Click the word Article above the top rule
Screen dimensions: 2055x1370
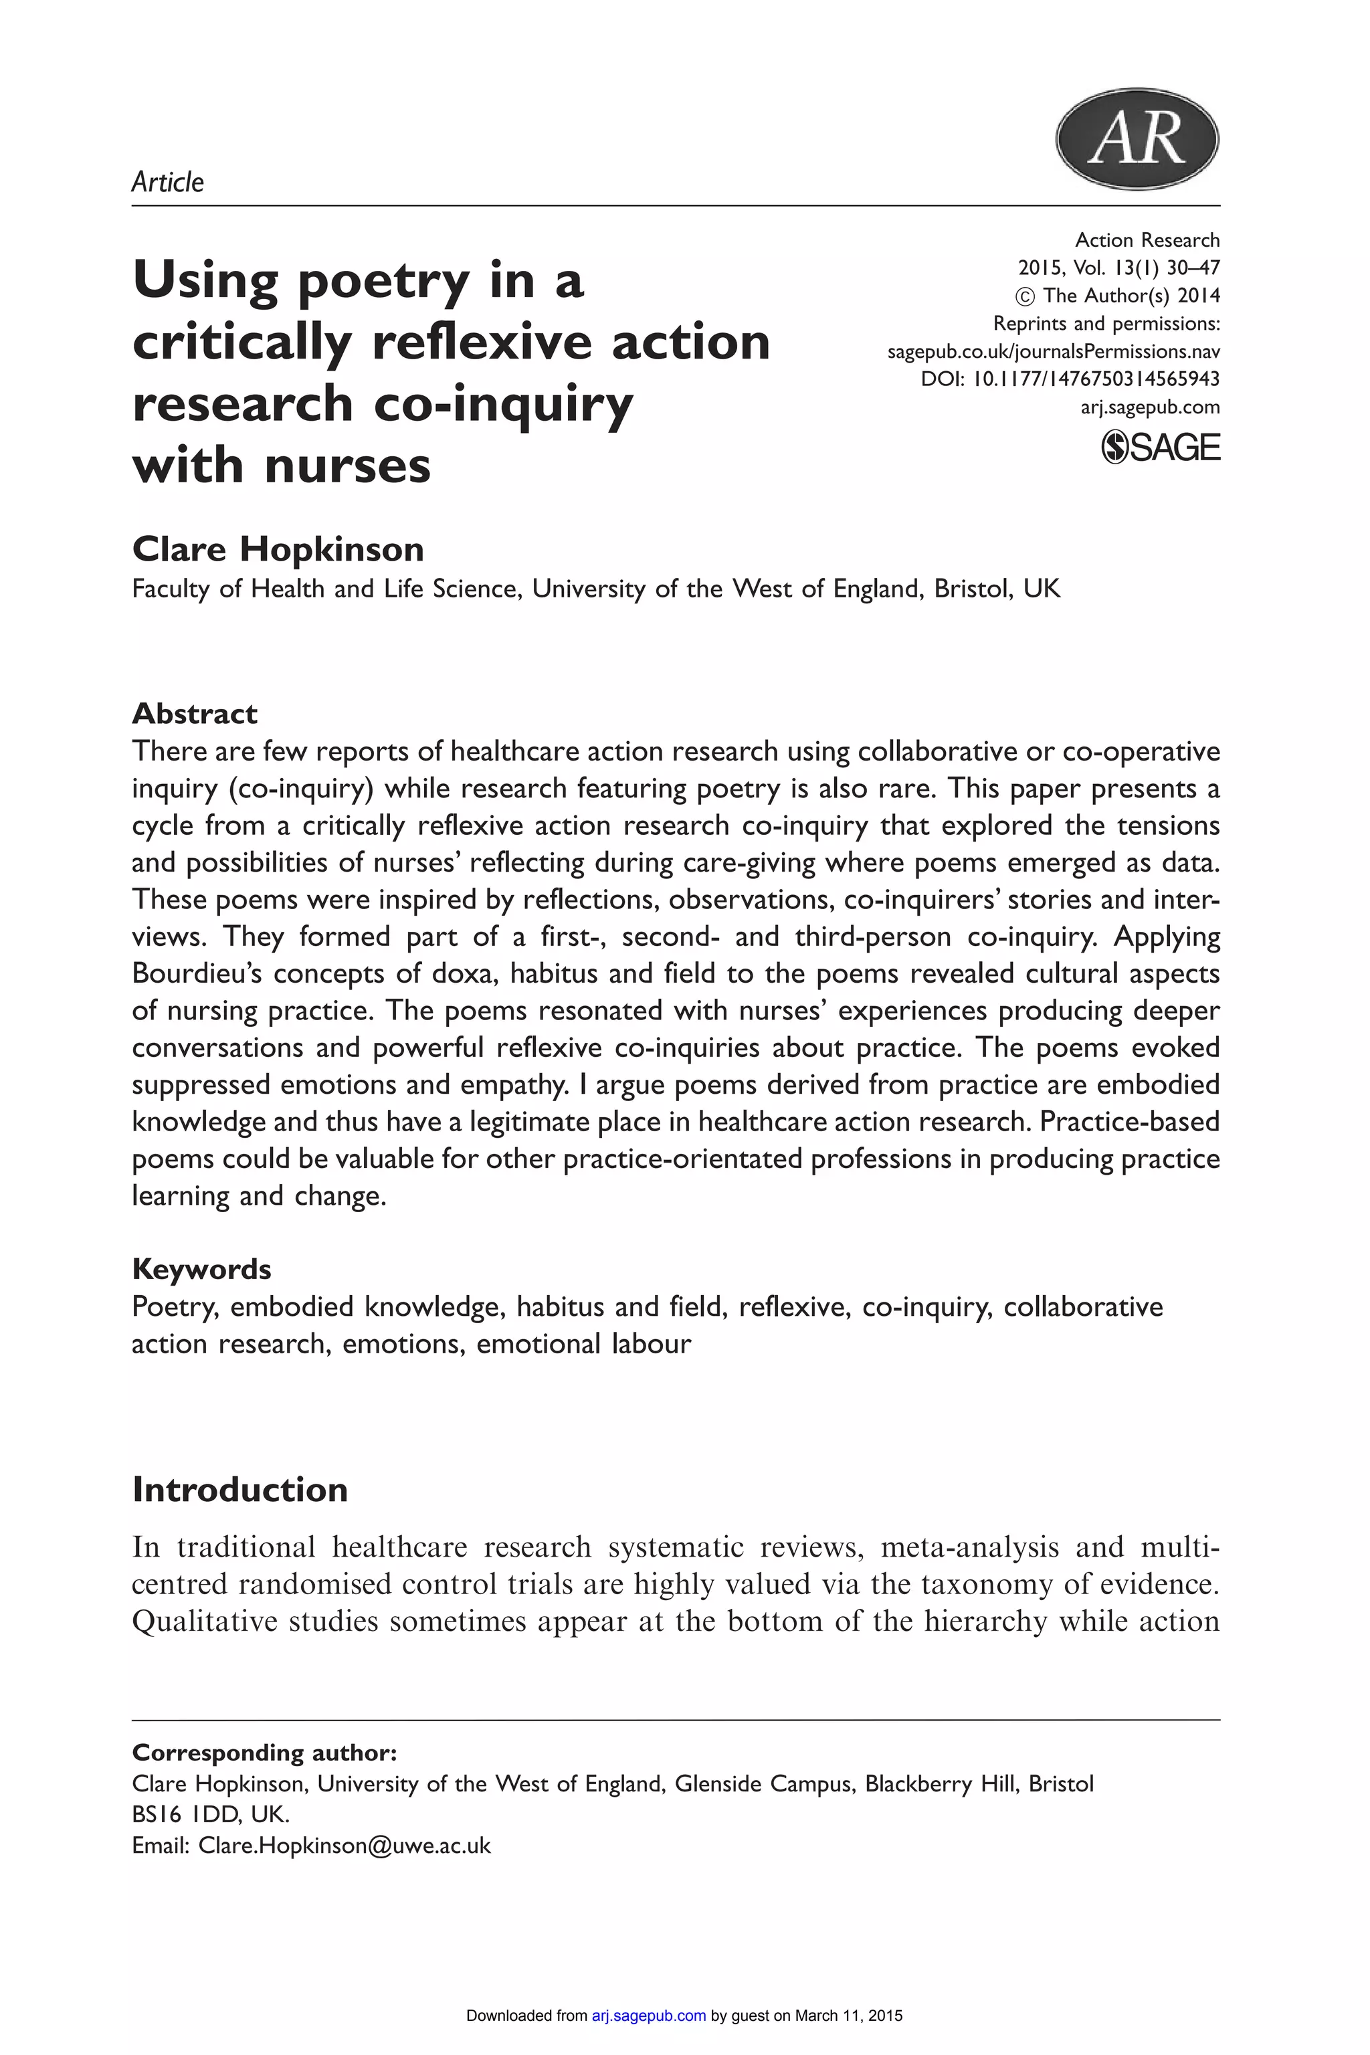click(168, 182)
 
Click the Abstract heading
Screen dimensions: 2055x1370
click(195, 713)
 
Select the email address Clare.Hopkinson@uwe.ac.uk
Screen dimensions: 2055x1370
click(345, 1846)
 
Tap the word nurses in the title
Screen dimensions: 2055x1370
click(347, 465)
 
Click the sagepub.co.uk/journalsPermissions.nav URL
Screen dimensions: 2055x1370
click(1054, 351)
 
